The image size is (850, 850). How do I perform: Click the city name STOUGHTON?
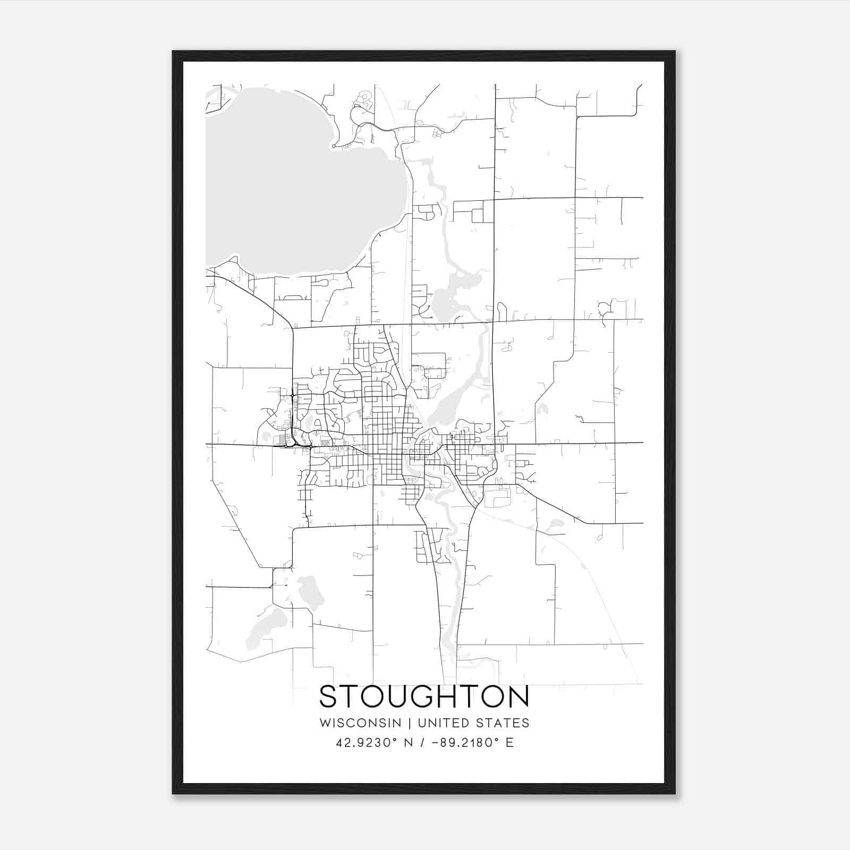(424, 696)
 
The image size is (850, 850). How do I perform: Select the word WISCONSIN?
(360, 723)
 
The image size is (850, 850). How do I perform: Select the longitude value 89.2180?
(468, 743)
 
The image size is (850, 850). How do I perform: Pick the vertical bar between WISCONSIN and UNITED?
(410, 723)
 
